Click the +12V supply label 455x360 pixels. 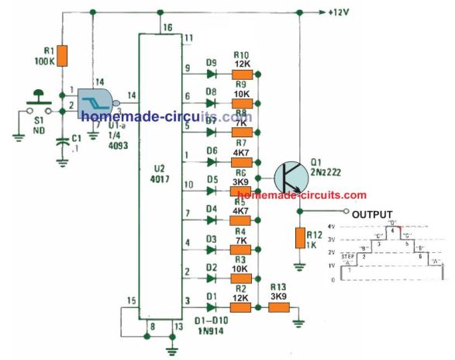point(338,13)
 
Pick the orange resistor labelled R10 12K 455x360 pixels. point(243,74)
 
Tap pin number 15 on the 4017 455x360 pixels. point(131,299)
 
